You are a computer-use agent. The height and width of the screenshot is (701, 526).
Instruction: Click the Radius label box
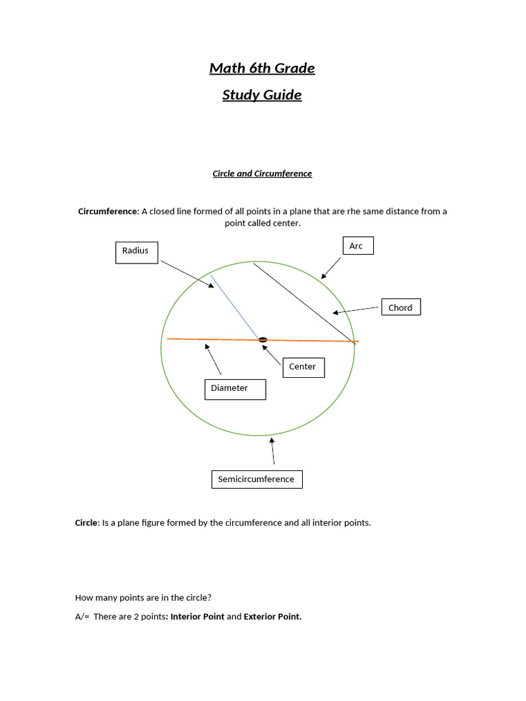point(136,251)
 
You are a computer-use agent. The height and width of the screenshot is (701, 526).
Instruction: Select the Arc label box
point(357,246)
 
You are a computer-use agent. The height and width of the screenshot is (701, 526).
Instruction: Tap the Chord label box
point(400,307)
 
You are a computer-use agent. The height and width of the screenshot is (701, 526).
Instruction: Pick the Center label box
point(303,367)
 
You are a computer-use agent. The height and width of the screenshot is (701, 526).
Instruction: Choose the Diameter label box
point(235,389)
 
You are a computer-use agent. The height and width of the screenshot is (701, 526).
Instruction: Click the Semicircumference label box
point(256,479)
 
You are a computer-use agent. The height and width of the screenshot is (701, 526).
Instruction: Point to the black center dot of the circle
point(262,340)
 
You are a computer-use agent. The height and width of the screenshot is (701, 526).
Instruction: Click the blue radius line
point(235,307)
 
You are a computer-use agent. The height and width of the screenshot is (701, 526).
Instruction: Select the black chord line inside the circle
point(301,301)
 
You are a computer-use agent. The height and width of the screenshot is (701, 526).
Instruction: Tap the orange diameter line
point(205,339)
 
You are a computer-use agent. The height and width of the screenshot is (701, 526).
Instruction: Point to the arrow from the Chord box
point(355,311)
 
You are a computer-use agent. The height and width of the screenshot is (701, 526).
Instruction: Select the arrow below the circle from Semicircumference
point(273,451)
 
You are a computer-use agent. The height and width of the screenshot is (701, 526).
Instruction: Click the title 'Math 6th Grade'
point(262,68)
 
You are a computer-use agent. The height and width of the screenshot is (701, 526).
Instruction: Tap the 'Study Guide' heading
point(262,94)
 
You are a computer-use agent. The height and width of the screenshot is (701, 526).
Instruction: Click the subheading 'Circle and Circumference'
point(262,174)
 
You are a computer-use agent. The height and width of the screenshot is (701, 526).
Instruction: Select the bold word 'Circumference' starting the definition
point(108,212)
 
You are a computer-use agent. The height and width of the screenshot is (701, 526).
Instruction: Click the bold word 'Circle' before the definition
point(86,523)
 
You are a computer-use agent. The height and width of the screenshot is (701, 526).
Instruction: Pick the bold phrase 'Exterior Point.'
point(273,617)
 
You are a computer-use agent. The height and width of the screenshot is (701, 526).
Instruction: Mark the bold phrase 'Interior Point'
point(197,617)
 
